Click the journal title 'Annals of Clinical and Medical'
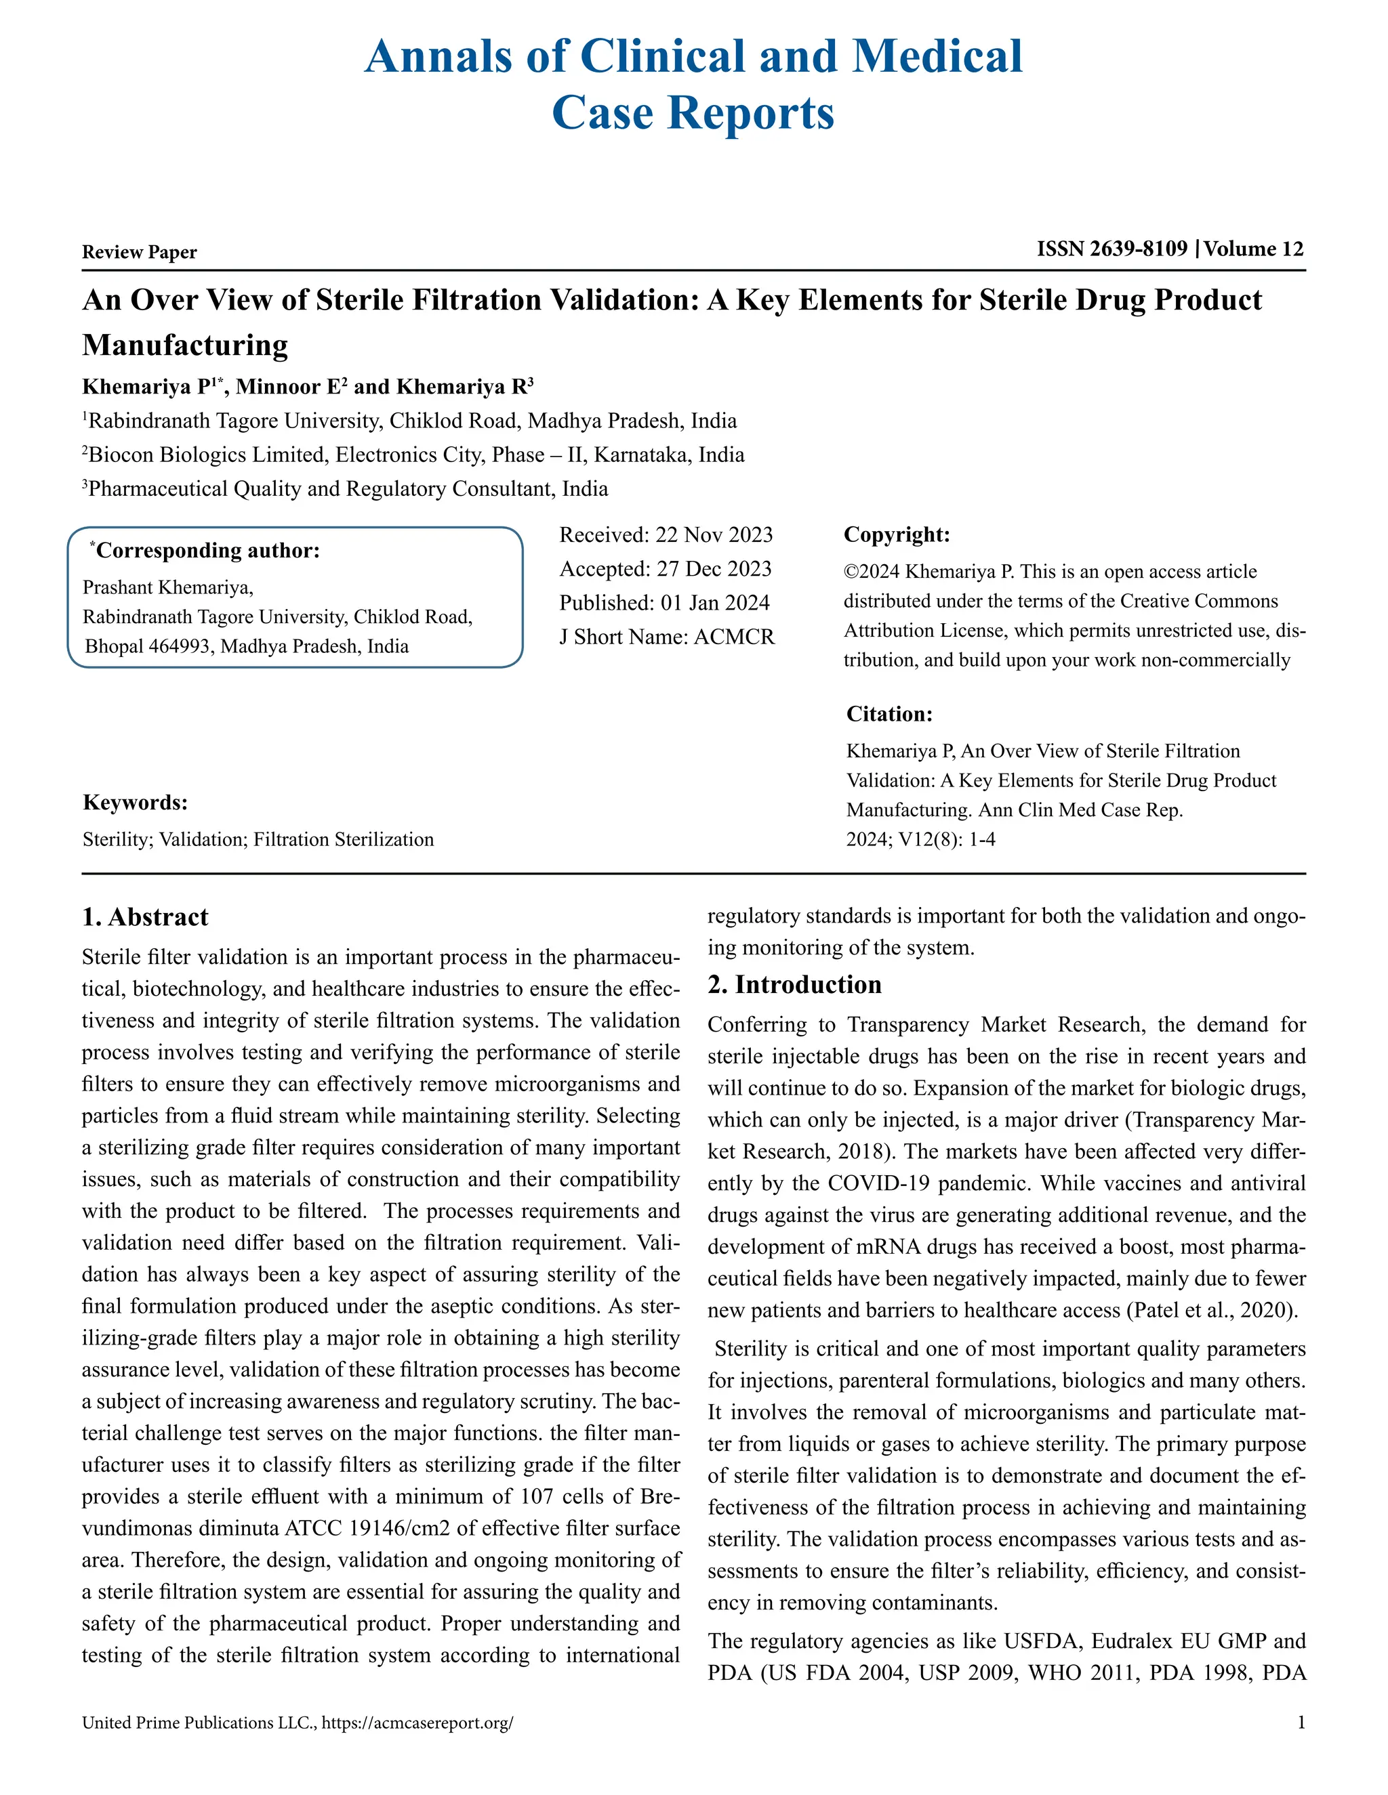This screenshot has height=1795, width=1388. click(693, 56)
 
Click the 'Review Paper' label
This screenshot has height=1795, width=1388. click(139, 253)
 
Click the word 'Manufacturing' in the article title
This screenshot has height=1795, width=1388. click(185, 345)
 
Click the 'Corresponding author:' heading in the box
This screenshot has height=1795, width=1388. click(207, 551)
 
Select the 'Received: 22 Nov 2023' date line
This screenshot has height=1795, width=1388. click(666, 535)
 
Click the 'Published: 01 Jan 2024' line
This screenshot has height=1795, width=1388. click(664, 604)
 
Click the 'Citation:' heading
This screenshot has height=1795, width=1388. click(890, 714)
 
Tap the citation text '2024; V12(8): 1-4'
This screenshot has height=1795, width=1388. click(921, 840)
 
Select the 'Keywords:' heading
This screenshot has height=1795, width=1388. click(136, 803)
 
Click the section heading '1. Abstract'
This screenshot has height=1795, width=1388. click(146, 917)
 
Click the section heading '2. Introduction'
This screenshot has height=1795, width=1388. click(794, 985)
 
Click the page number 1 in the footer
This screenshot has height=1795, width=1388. click(1301, 1723)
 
